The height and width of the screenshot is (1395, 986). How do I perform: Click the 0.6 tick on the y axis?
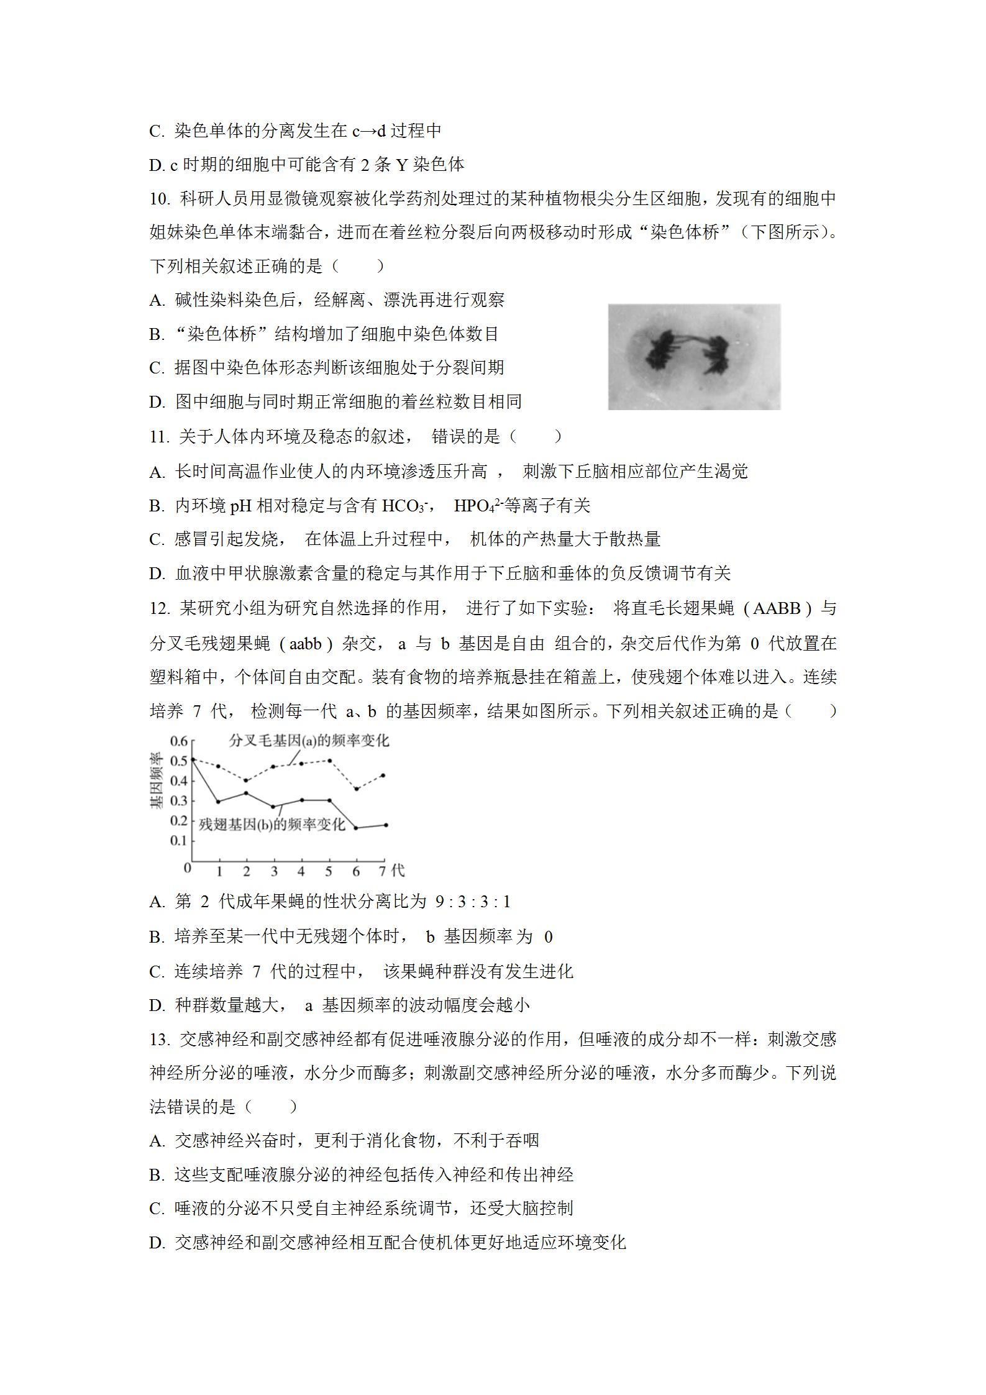[179, 741]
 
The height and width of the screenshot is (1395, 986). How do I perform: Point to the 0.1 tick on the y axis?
[179, 841]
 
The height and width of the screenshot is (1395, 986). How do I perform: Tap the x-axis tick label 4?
[301, 871]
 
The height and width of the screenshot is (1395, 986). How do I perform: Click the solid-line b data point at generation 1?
[218, 802]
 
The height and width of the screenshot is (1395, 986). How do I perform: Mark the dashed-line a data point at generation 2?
[246, 780]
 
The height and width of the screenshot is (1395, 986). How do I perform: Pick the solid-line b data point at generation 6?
[356, 828]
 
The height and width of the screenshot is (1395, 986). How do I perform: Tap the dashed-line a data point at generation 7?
[383, 775]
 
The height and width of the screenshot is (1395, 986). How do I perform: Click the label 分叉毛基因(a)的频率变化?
[309, 741]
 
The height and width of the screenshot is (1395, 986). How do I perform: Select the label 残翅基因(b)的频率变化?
[272, 825]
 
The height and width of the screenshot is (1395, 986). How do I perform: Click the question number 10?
[160, 199]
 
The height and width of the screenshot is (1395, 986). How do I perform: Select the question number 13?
[160, 1040]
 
